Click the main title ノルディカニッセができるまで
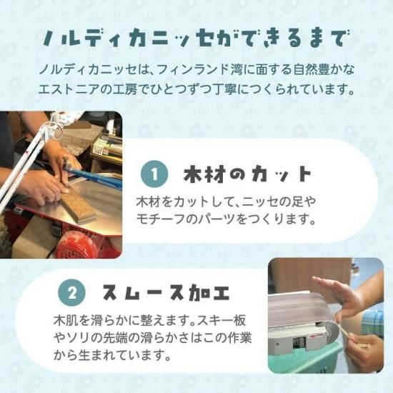(196, 39)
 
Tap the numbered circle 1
(154, 174)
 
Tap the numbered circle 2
(71, 293)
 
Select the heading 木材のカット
(248, 174)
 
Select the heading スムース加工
(166, 292)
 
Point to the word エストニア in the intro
(69, 89)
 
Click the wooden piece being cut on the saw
(78, 205)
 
